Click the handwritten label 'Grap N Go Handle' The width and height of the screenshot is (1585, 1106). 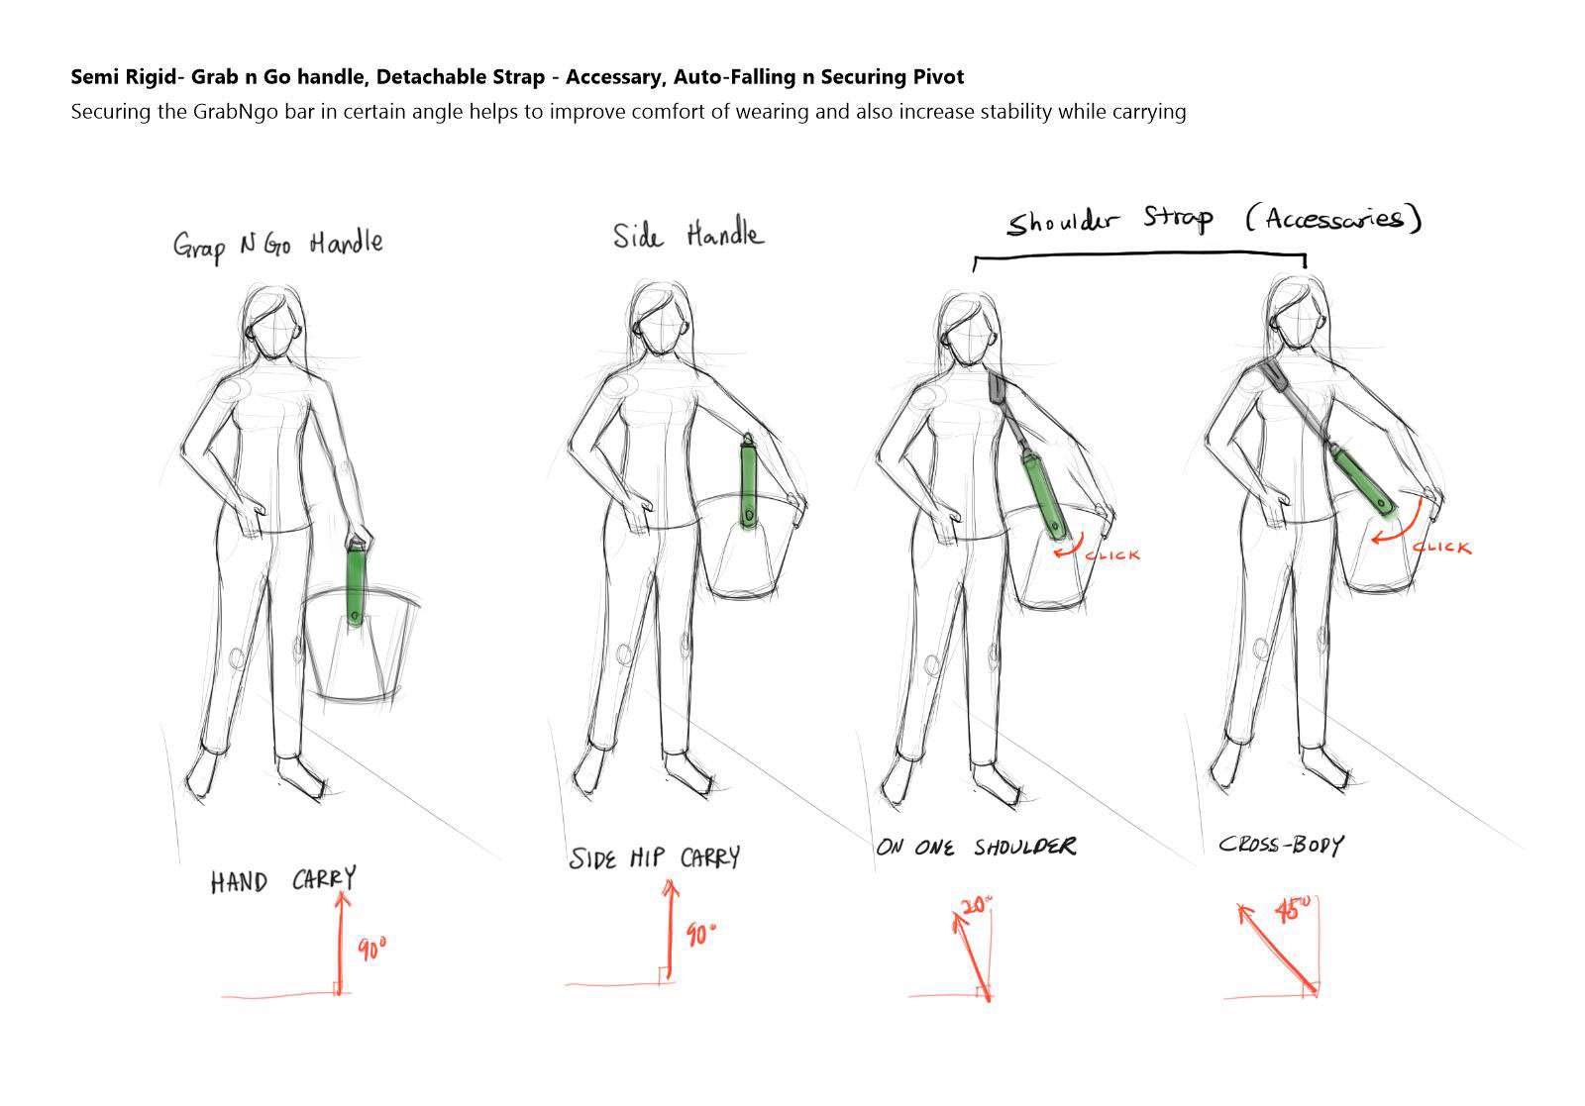278,245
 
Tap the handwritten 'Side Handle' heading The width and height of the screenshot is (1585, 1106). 688,233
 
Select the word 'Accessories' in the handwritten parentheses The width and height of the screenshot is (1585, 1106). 1333,219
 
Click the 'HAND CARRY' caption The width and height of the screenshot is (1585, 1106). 283,879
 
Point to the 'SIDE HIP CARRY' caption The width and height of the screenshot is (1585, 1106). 655,857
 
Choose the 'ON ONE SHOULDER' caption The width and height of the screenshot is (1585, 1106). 976,847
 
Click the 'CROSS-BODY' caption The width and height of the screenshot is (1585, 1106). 1281,845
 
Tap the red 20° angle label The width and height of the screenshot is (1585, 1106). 977,904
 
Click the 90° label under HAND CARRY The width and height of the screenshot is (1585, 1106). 371,949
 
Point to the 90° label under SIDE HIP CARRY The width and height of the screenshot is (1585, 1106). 700,935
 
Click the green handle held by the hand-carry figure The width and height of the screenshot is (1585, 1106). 356,582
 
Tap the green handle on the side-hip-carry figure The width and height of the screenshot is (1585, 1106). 748,481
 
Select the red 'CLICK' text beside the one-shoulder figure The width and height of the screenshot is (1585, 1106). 1112,555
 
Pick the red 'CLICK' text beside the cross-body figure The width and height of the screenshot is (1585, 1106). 1442,547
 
